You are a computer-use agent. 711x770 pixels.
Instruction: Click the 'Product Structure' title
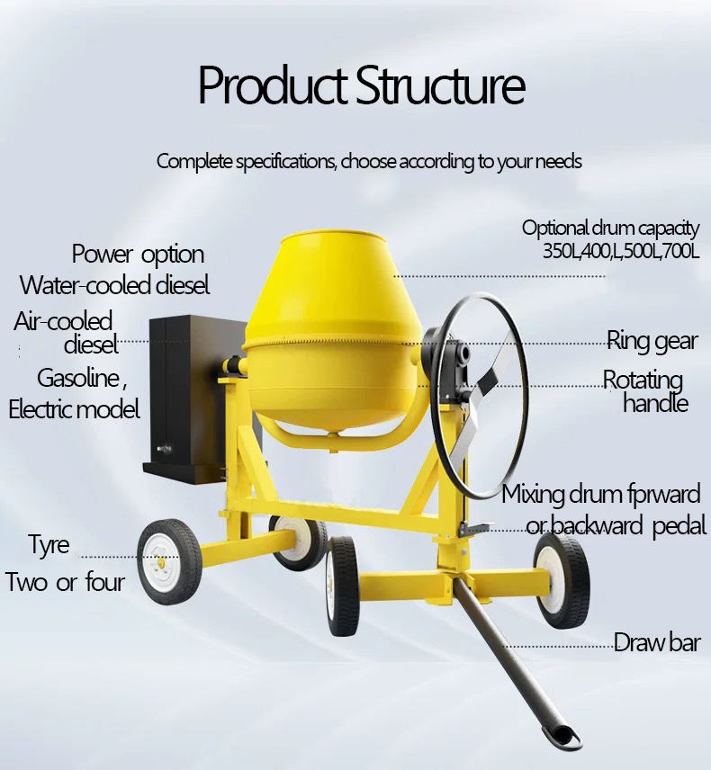[361, 86]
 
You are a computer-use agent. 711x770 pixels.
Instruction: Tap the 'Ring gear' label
[652, 340]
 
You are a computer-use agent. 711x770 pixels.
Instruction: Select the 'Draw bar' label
[656, 642]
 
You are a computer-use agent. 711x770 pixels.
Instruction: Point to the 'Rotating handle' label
[644, 391]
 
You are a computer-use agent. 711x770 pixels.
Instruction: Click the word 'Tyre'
[49, 545]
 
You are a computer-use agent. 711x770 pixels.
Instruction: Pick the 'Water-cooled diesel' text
[115, 285]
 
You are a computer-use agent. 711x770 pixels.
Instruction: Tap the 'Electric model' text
[75, 409]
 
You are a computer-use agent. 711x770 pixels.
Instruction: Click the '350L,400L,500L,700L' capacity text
[620, 251]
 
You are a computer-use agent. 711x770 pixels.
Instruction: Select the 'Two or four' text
[65, 582]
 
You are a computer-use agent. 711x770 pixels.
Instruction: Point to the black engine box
[184, 396]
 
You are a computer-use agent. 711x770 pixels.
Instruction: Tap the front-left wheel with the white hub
[170, 562]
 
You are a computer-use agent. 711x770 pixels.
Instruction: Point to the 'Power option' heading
[138, 255]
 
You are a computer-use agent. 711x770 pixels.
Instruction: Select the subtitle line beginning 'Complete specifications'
[369, 162]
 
